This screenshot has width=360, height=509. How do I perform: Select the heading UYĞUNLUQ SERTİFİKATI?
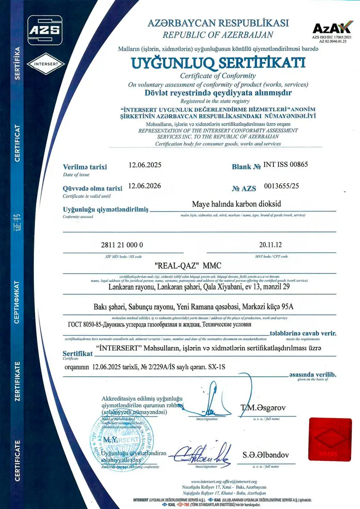pos(218,63)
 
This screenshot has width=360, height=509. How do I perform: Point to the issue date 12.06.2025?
pos(145,166)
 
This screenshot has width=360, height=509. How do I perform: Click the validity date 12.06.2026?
pos(145,186)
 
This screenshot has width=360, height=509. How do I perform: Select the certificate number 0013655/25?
pos(282,186)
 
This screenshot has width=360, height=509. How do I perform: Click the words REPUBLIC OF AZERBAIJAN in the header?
pos(218,34)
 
